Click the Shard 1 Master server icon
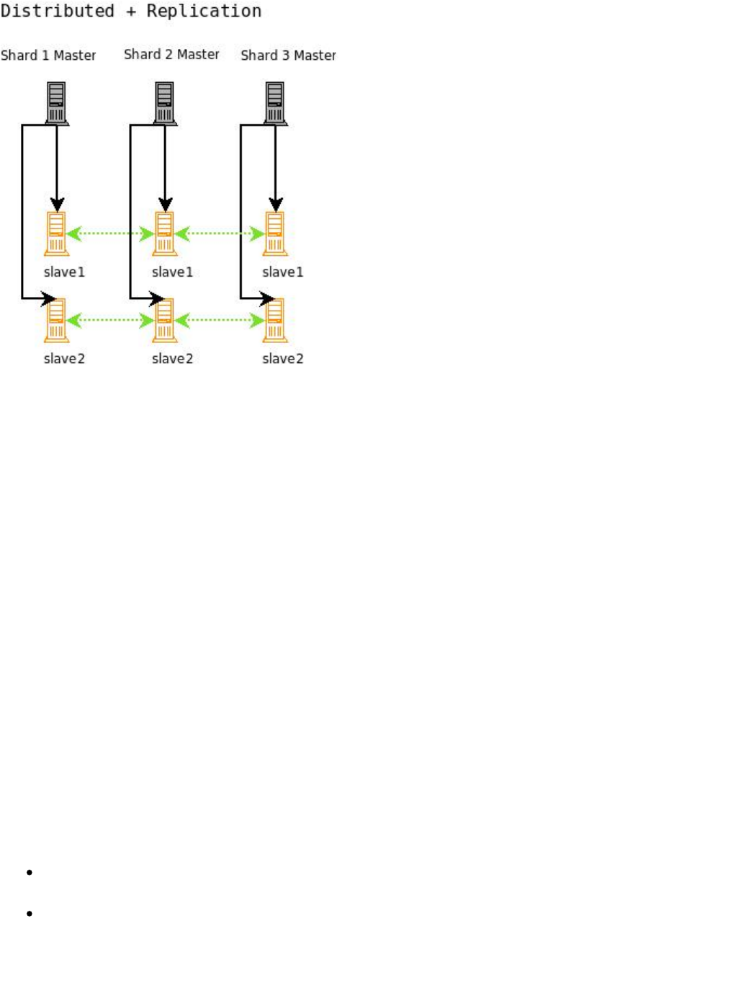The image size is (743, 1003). [57, 103]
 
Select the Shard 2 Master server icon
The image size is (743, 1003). [165, 103]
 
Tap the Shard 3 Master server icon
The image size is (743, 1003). [275, 103]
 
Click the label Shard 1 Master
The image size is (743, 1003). [48, 55]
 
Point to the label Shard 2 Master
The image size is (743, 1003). [171, 55]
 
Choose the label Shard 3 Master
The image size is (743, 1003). [288, 55]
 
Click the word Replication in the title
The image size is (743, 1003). [204, 12]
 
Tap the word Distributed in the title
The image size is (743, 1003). [58, 12]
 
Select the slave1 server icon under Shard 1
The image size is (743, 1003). [57, 233]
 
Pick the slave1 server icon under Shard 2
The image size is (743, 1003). [165, 233]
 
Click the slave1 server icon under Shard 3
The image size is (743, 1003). [275, 233]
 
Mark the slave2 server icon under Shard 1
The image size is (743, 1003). [57, 321]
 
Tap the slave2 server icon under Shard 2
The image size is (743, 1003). [165, 321]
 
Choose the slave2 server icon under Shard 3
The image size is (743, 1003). [275, 321]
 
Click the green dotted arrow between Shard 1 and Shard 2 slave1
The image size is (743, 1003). [110, 233]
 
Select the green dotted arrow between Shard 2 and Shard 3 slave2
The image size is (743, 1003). [220, 320]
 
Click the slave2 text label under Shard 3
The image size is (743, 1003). [283, 359]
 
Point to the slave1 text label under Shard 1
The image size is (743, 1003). [64, 272]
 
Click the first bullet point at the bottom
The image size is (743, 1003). [30, 873]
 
